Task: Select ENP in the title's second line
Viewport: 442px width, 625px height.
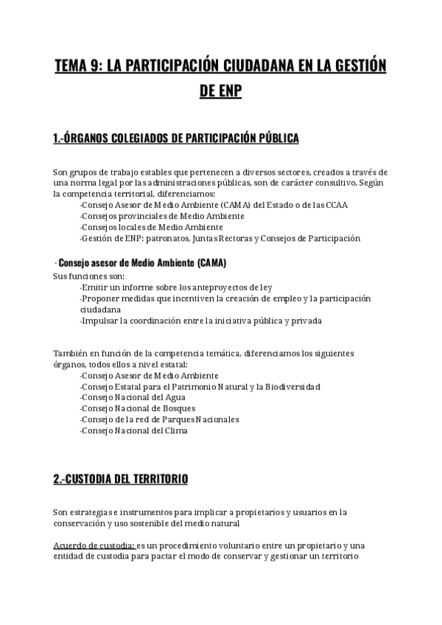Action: pyautogui.click(x=229, y=93)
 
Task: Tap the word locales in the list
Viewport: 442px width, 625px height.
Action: pyautogui.click(x=136, y=227)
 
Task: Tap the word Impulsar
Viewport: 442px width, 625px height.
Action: pyautogui.click(x=101, y=321)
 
